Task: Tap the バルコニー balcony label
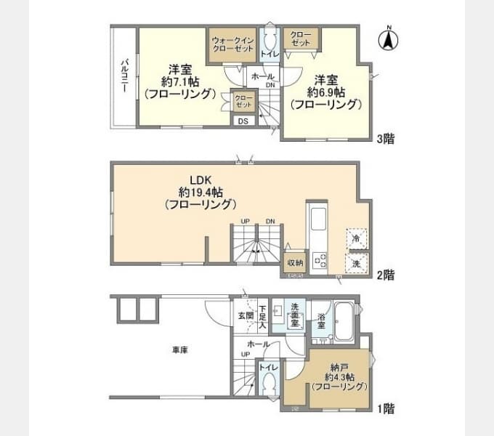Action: (x=123, y=76)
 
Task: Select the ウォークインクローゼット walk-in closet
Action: (x=232, y=44)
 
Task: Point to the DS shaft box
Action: (x=243, y=121)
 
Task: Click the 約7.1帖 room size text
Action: (x=179, y=82)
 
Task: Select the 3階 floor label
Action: (x=385, y=138)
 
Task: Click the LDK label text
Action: (x=200, y=179)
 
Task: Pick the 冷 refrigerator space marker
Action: (x=356, y=238)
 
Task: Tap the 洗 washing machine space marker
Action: (x=356, y=263)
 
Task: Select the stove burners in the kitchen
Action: (x=320, y=260)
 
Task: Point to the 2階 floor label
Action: (x=385, y=275)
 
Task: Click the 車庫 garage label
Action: (x=180, y=350)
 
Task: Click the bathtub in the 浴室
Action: (x=343, y=324)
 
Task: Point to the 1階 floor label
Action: (x=385, y=408)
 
